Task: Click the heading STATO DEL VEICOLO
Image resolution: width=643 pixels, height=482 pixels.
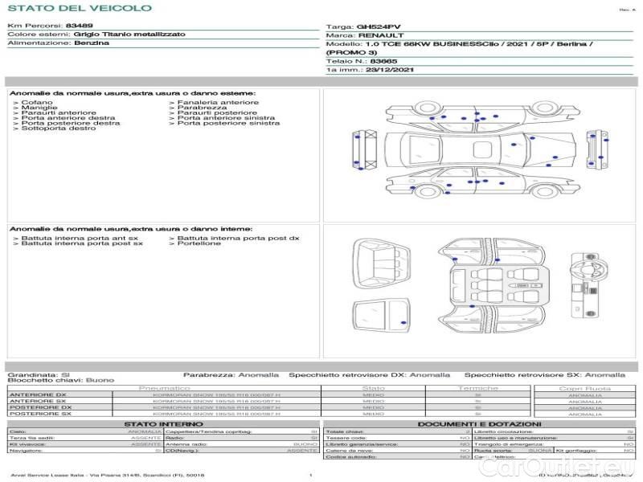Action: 79,8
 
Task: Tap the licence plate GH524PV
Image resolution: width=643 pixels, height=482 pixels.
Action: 378,27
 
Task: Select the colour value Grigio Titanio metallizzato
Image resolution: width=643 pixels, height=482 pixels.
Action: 129,35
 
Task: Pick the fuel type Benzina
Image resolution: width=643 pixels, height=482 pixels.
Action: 92,43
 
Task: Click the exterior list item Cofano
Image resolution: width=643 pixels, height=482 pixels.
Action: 38,103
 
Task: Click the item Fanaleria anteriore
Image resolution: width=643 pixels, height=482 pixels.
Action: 218,103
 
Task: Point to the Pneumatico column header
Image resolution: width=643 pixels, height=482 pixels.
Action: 164,389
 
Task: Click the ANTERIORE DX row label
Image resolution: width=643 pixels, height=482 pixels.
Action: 38,395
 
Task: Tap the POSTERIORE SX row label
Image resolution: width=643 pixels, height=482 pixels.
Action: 39,414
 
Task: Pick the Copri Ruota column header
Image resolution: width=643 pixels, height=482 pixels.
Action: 585,389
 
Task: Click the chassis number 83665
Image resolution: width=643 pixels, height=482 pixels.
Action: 383,61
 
